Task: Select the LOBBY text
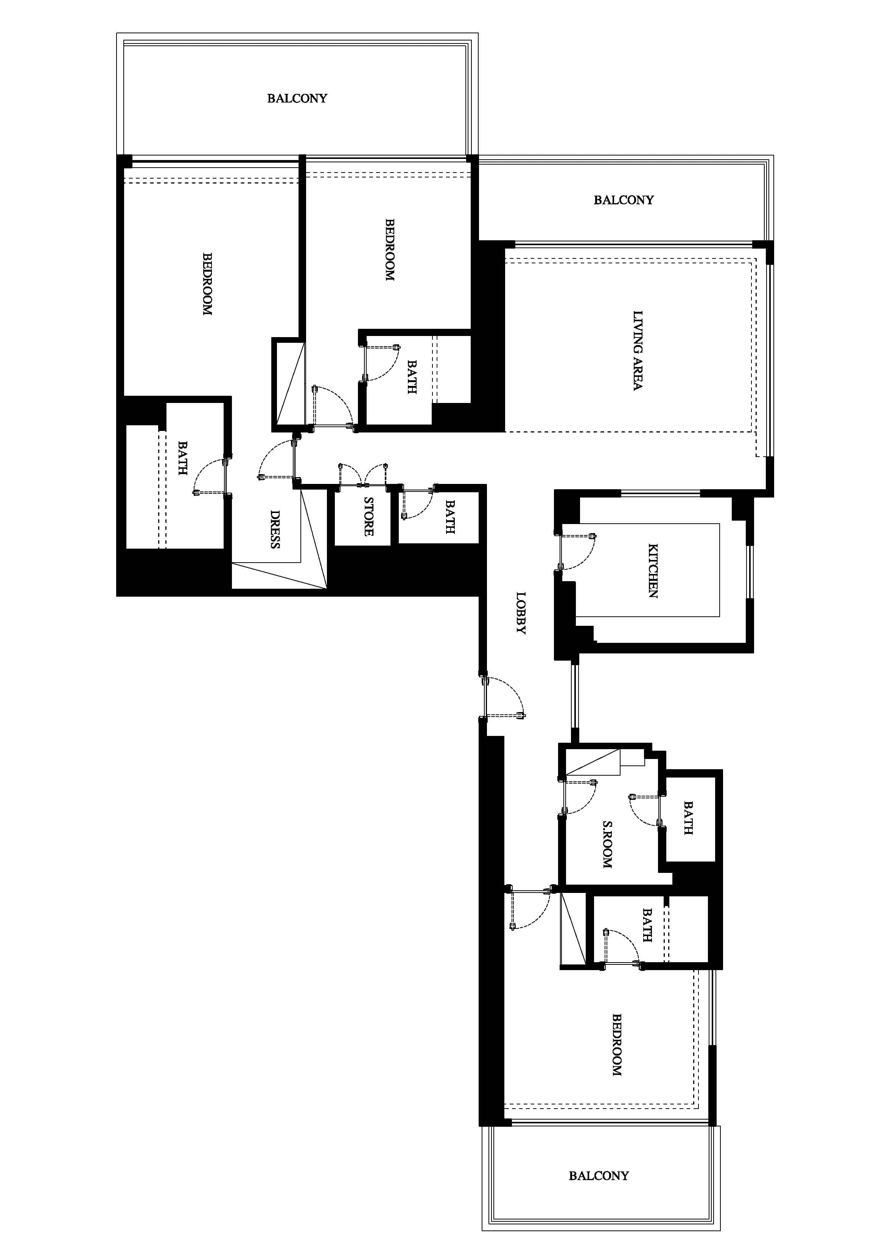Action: point(521,613)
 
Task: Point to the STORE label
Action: point(369,516)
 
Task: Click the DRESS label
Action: point(275,529)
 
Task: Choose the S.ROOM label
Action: point(607,844)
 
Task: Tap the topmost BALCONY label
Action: point(297,98)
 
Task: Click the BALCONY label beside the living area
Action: point(623,200)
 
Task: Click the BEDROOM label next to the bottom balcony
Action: point(616,1044)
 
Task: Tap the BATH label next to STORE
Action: point(450,517)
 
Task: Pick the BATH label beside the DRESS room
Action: point(183,458)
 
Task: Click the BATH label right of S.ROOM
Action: point(688,818)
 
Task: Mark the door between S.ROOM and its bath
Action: point(646,810)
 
